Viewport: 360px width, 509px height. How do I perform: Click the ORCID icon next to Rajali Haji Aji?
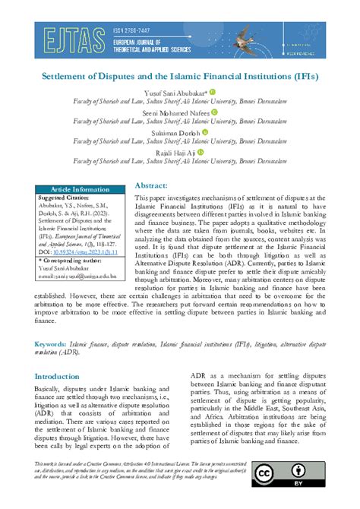point(201,151)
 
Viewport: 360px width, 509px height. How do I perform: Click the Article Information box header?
point(79,189)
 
